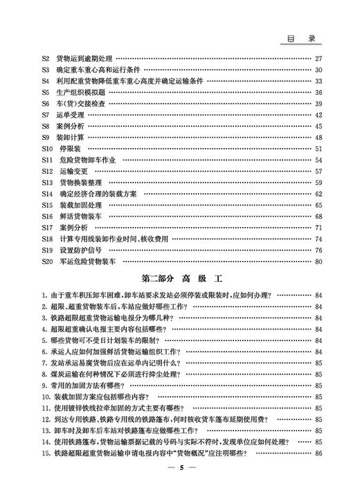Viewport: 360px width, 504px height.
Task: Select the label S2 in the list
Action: [45, 59]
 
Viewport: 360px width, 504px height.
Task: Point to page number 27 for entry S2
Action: [318, 59]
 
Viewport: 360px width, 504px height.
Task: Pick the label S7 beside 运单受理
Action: [45, 115]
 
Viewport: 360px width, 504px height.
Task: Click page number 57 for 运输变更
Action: [318, 171]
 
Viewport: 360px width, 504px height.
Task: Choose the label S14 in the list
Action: [47, 194]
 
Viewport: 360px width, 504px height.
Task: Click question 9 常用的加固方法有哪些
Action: [89, 386]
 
